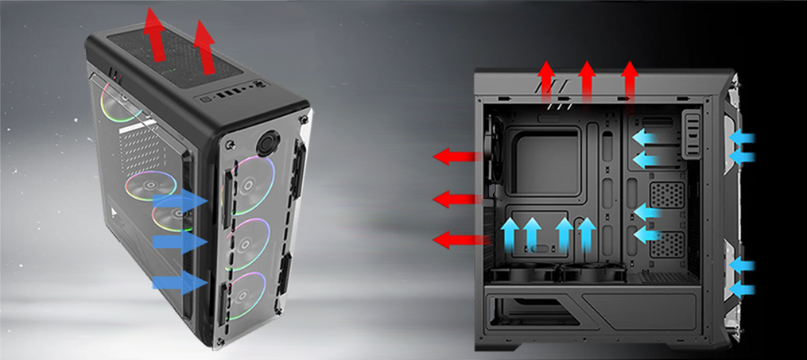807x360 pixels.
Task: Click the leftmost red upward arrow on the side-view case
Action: (x=546, y=81)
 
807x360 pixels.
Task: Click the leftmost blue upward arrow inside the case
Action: (x=511, y=234)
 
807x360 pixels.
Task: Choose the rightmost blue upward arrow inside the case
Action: (x=587, y=234)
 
